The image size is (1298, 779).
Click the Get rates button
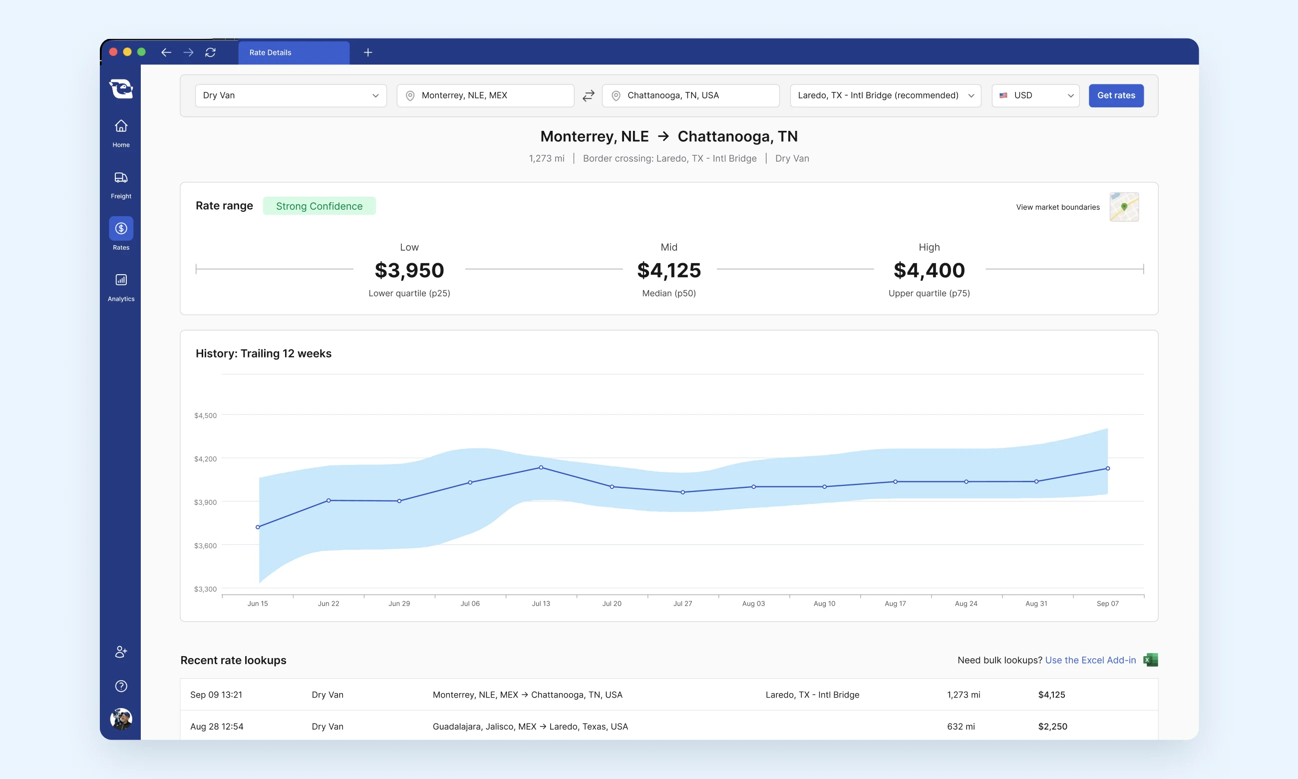1116,95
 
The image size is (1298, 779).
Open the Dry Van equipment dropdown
291,95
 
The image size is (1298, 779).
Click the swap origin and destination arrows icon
588,95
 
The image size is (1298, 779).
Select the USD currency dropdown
1035,95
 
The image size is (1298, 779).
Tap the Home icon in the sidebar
121,126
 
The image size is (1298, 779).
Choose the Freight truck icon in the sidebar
121,177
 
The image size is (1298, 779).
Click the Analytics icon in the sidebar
121,280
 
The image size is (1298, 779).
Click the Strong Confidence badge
319,206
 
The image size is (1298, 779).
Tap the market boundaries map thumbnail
1124,207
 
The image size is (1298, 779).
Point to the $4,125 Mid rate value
669,270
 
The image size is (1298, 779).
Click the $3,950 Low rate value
409,270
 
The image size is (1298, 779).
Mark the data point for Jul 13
541,467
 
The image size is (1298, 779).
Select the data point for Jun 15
258,527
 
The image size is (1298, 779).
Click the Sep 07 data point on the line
1108,468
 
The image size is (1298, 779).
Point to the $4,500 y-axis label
205,415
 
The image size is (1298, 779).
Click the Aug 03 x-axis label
753,604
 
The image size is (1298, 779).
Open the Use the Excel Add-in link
1090,660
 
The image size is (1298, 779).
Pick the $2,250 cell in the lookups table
1052,727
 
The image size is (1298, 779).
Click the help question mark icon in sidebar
121,686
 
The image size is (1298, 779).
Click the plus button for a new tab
368,52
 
